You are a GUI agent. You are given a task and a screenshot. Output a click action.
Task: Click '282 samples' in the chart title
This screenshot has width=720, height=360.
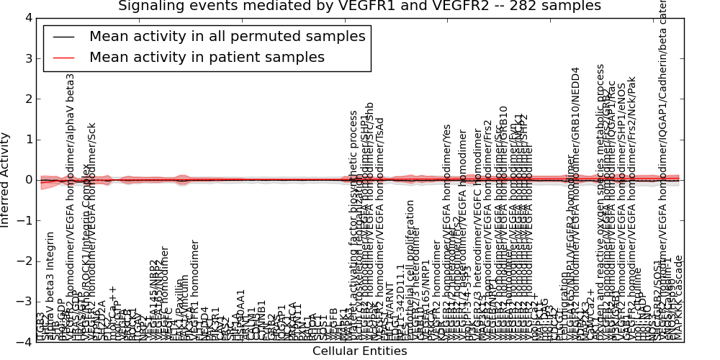coord(552,6)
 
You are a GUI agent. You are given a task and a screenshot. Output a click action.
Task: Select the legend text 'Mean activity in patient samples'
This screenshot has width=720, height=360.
coord(207,57)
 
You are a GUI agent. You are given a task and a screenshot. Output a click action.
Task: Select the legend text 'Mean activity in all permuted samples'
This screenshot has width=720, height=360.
coord(227,36)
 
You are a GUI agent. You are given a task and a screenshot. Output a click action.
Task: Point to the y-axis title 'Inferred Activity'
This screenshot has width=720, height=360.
coord(6,180)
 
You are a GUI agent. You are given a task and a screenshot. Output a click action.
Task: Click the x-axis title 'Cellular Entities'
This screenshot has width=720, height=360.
coord(359,351)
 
